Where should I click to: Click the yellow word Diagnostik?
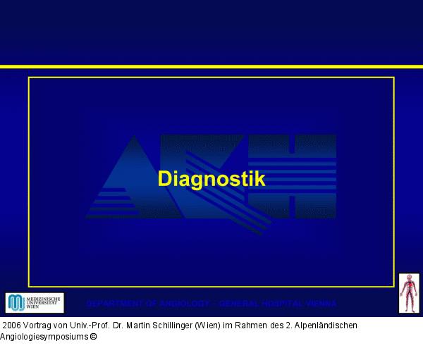click(x=211, y=179)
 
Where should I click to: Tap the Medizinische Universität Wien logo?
click(x=35, y=303)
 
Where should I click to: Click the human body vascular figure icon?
click(x=409, y=293)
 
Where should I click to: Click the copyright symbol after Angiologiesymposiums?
click(x=93, y=337)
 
